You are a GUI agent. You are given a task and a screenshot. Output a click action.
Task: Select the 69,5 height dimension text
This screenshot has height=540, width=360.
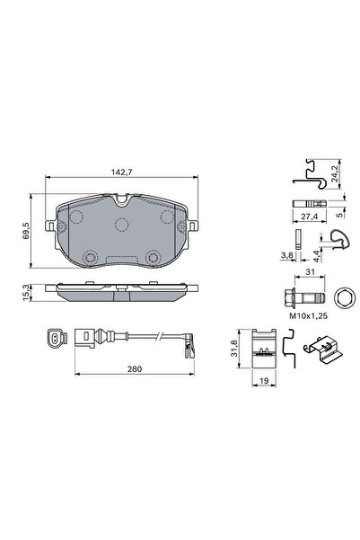(28, 232)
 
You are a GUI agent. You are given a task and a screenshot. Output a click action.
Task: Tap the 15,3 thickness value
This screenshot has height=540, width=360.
(28, 291)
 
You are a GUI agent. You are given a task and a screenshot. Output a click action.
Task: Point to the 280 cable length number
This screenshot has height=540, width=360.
(136, 367)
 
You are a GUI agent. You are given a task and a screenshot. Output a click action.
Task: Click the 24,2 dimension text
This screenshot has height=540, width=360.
(335, 173)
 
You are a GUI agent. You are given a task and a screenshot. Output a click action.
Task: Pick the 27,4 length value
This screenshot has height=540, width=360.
(312, 218)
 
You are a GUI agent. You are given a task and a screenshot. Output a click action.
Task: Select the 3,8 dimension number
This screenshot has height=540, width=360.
(286, 255)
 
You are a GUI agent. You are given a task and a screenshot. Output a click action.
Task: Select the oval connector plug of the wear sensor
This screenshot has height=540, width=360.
(53, 340)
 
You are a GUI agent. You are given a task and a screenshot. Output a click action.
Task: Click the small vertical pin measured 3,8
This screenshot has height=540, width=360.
(295, 238)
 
